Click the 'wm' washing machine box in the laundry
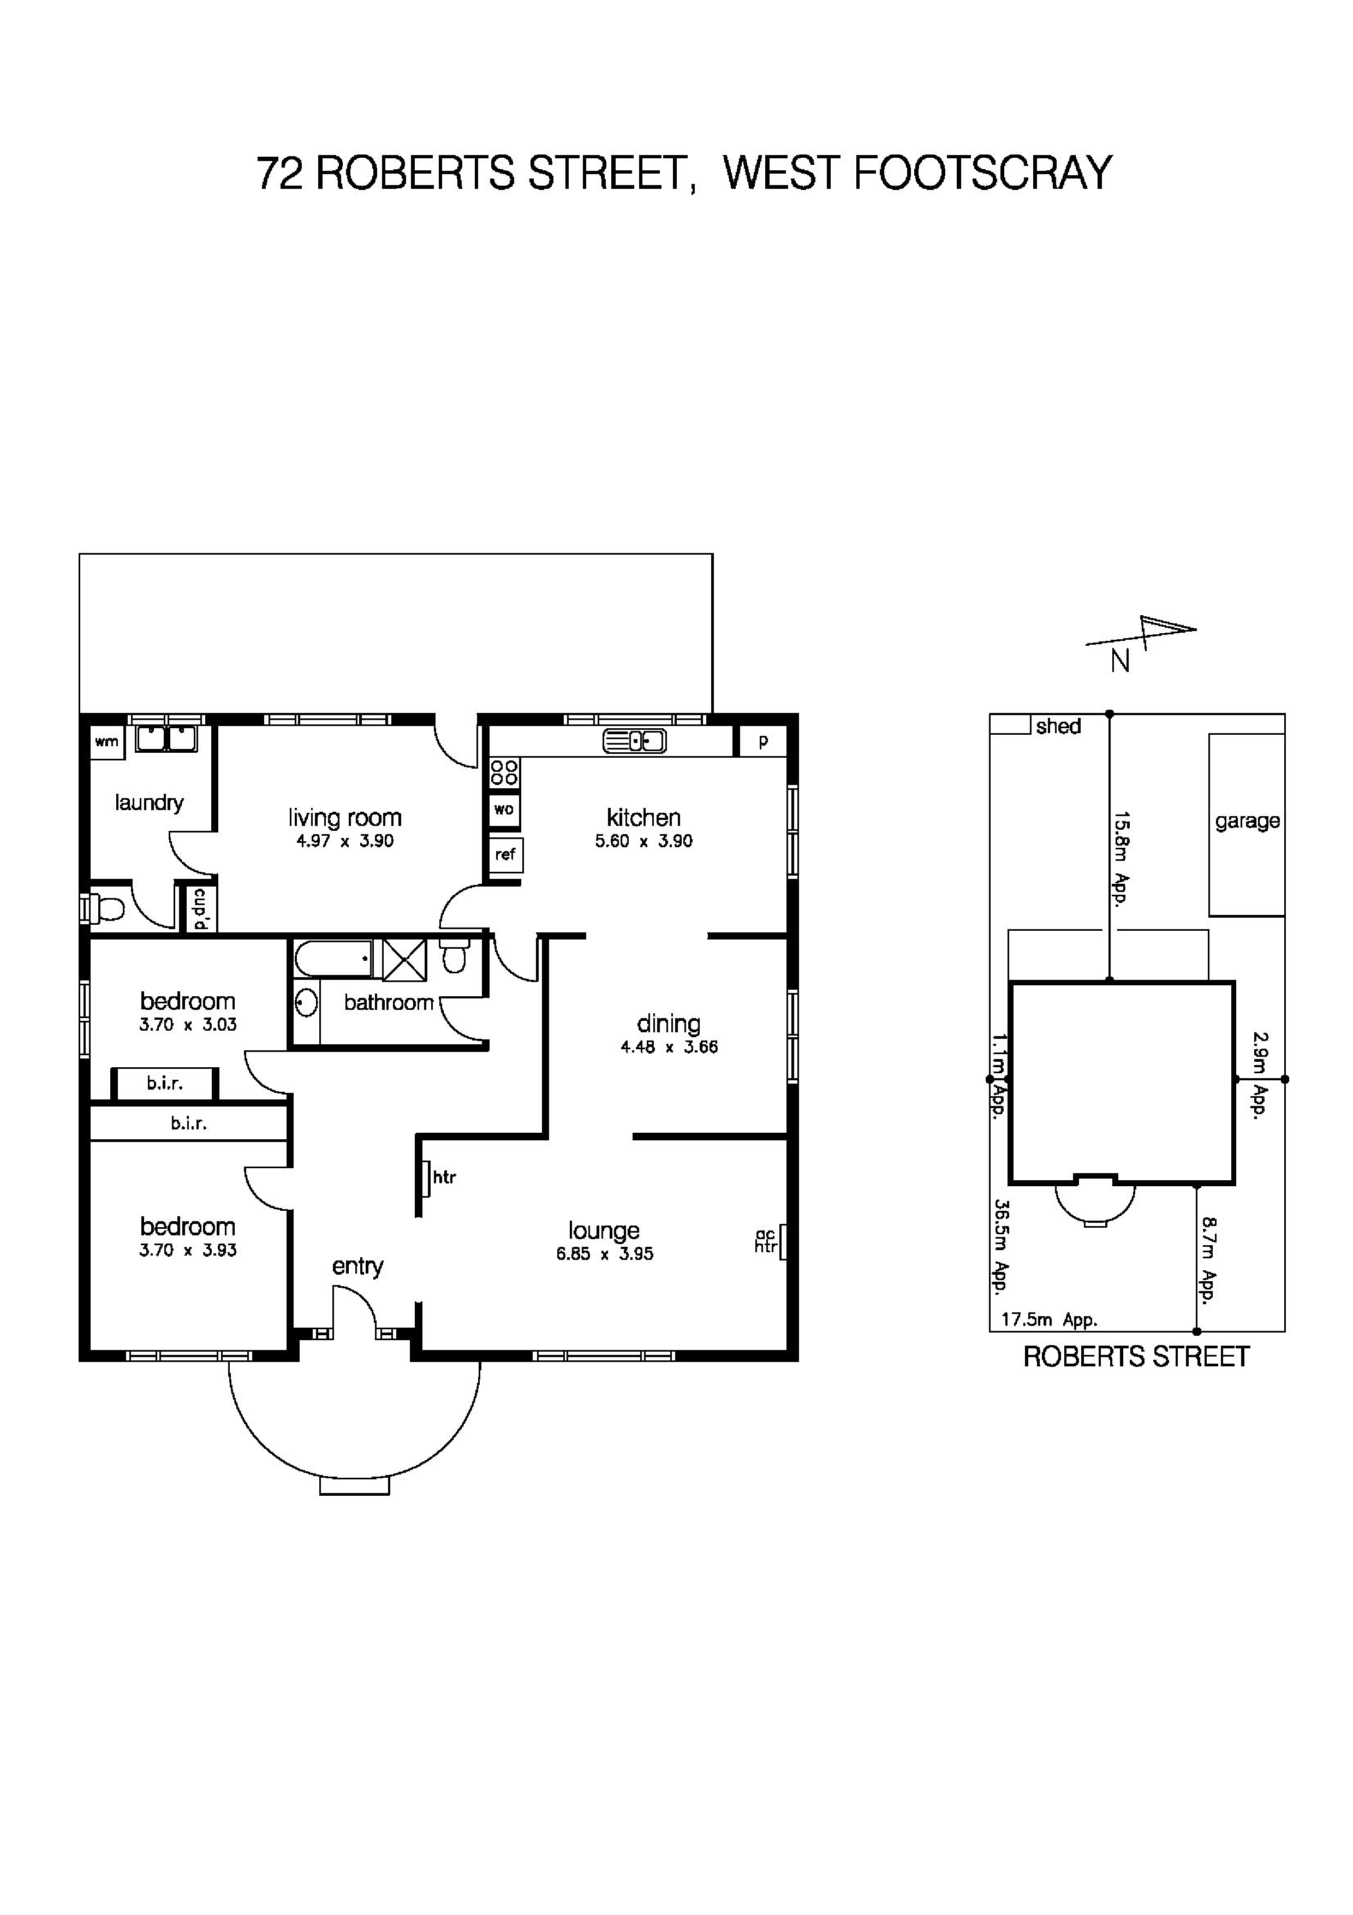[x=108, y=741]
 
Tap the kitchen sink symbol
[x=634, y=741]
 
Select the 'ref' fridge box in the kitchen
[x=506, y=854]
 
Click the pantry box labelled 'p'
[x=763, y=741]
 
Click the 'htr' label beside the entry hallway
[x=444, y=1177]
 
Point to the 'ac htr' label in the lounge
[x=765, y=1241]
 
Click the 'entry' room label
[x=357, y=1265]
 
